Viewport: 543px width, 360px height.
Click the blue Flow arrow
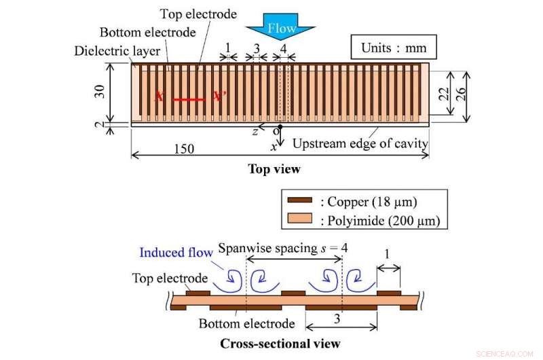pyautogui.click(x=280, y=30)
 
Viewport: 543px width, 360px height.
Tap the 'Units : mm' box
pyautogui.click(x=394, y=48)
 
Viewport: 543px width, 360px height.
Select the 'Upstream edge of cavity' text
pyautogui.click(x=360, y=144)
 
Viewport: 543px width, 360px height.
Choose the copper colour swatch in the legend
pyautogui.click(x=299, y=200)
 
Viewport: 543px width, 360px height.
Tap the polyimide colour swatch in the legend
pyautogui.click(x=299, y=219)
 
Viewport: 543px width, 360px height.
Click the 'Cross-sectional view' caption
pyautogui.click(x=280, y=344)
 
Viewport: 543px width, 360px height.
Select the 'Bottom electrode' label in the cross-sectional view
pyautogui.click(x=247, y=323)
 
